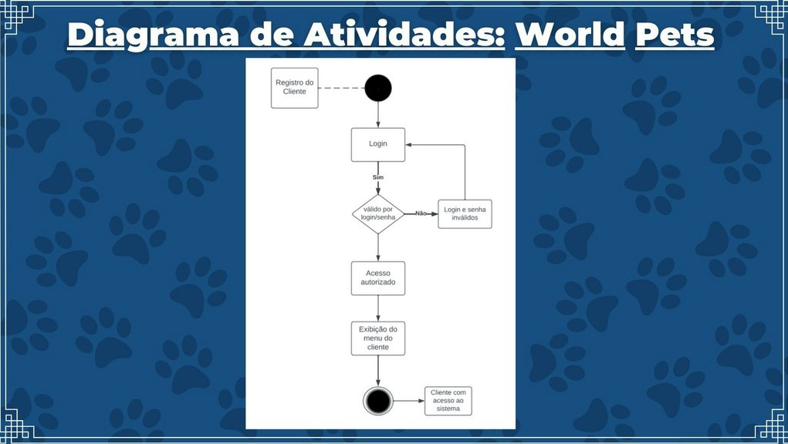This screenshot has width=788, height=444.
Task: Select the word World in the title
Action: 570,35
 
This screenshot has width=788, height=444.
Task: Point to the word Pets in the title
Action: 675,35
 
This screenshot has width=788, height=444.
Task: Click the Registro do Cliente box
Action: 295,87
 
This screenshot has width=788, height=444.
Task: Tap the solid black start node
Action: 378,88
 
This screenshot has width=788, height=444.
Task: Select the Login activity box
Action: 378,144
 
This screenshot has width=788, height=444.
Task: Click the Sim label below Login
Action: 378,177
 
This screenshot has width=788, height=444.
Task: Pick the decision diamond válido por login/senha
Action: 378,214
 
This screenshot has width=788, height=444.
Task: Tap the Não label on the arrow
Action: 421,213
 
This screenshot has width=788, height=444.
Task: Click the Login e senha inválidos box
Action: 465,214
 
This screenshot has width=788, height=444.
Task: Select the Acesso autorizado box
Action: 378,278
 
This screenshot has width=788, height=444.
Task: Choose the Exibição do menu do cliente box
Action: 378,338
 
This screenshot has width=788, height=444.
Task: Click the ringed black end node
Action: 378,401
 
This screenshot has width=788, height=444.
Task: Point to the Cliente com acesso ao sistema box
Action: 448,401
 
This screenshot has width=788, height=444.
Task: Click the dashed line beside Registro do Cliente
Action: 341,88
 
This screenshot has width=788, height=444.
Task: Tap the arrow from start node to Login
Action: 378,114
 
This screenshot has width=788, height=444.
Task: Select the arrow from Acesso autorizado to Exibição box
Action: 378,308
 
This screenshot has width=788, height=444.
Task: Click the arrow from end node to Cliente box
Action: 409,401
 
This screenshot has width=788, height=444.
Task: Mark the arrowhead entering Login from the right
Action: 410,144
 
